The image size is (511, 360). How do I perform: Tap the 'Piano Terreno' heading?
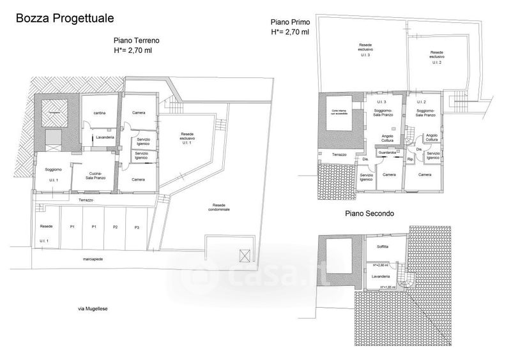(x=136, y=40)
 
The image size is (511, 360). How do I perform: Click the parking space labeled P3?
(x=137, y=227)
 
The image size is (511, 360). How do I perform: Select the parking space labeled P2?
(x=116, y=227)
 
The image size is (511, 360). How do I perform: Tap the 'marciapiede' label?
(x=93, y=260)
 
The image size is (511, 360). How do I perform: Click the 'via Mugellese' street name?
(x=93, y=308)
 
